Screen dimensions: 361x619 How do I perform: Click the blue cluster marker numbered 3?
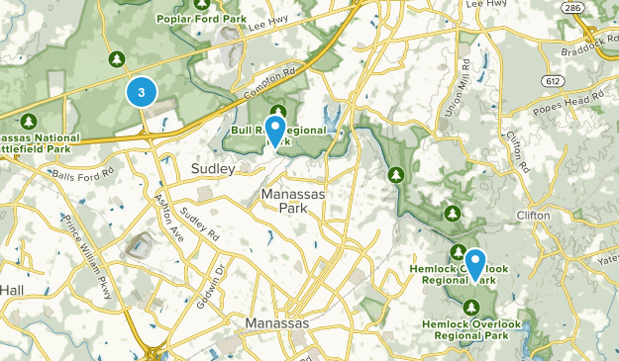click(x=142, y=92)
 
